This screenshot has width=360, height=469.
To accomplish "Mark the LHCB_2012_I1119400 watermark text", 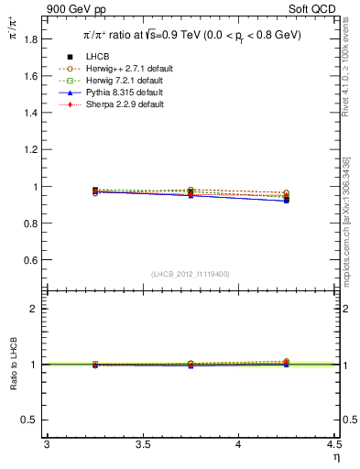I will (x=191, y=274).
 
